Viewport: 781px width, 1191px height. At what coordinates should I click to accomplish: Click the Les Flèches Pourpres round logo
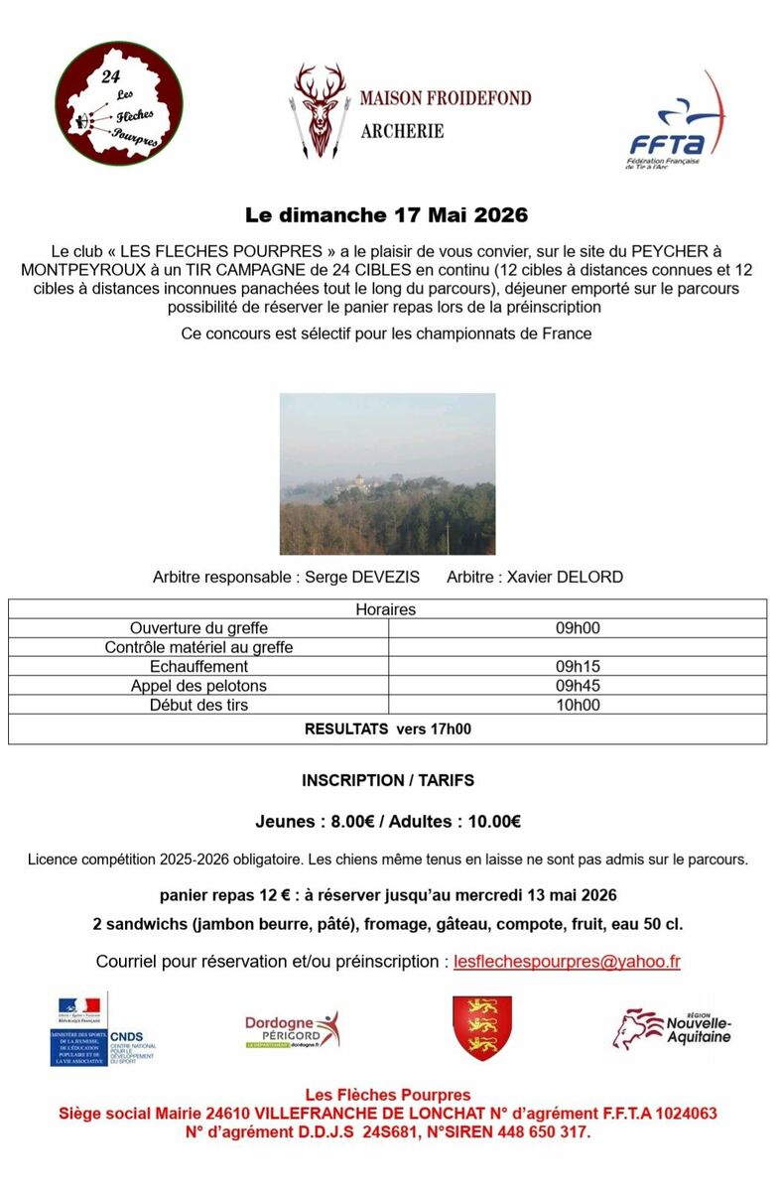point(118,103)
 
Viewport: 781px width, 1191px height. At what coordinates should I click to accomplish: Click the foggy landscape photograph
point(387,473)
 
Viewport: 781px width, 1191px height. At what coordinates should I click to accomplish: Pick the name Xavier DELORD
point(565,577)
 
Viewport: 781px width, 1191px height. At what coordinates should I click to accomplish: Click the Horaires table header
point(386,609)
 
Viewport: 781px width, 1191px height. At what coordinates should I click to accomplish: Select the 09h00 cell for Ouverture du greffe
point(578,628)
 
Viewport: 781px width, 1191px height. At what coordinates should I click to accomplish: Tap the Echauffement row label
point(198,667)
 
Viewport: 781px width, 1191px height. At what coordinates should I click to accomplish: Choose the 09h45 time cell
point(578,686)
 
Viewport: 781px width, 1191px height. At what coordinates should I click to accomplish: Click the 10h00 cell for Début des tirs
point(578,705)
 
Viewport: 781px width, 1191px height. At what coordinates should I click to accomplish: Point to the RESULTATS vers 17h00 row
point(387,729)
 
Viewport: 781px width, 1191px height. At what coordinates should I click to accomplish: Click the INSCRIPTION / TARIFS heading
point(388,781)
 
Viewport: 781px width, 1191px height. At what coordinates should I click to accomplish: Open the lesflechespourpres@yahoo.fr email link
point(567,962)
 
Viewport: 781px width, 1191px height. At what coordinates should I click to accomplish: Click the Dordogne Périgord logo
point(292,1030)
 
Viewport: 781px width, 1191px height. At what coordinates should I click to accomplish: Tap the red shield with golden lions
point(482,1028)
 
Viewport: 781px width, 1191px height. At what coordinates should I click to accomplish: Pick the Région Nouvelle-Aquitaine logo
point(672,1029)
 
